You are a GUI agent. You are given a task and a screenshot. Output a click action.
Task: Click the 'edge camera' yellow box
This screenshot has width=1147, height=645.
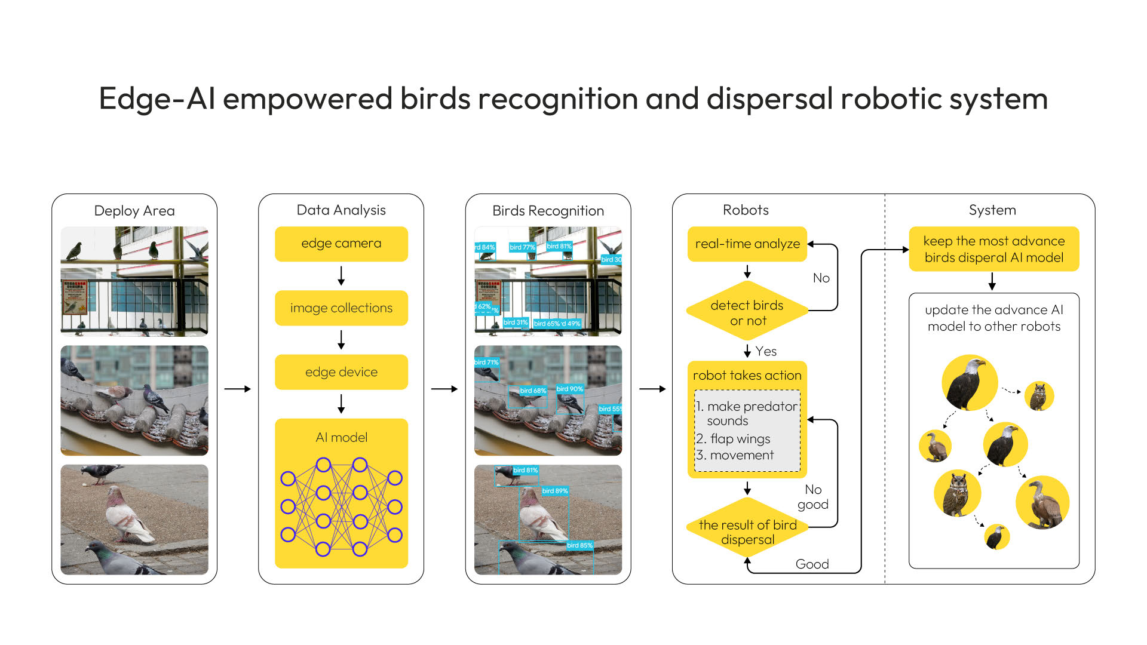click(x=341, y=244)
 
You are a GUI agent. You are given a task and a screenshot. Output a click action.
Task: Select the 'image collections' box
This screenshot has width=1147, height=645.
click(x=341, y=308)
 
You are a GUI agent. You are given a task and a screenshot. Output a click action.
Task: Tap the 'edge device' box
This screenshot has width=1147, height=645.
click(x=341, y=372)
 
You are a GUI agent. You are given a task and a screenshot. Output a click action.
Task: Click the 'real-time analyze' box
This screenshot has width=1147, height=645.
click(x=747, y=244)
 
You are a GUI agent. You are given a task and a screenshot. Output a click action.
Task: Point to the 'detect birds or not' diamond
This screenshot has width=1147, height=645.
click(x=747, y=312)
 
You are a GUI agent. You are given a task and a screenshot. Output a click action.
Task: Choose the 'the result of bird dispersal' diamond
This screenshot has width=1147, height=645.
click(x=747, y=532)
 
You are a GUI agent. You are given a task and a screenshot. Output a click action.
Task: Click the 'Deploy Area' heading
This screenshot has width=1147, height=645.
click(x=134, y=211)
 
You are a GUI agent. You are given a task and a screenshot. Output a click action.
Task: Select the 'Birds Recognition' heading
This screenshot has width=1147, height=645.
click(x=548, y=211)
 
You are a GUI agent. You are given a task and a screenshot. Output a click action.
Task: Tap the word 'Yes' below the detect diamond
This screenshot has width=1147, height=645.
click(x=766, y=351)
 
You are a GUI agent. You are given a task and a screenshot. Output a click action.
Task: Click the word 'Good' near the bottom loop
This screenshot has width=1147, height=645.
click(x=812, y=564)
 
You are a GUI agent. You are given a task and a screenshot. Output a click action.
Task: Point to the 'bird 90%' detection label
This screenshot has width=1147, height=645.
click(x=569, y=389)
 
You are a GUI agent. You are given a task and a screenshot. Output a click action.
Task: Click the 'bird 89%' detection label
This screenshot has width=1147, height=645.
click(x=555, y=491)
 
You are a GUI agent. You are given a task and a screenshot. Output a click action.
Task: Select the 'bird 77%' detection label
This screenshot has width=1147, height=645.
click(x=522, y=247)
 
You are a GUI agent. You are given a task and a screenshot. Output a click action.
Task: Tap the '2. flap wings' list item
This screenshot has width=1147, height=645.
click(x=734, y=438)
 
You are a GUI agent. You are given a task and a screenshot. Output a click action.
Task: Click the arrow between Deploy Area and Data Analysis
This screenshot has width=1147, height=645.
click(x=237, y=389)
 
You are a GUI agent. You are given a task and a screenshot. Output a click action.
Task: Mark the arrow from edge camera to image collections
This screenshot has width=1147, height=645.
click(x=341, y=276)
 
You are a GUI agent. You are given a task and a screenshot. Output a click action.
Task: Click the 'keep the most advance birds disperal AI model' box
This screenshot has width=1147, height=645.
click(x=993, y=249)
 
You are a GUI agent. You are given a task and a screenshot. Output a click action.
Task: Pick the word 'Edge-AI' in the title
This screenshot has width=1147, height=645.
click(x=157, y=99)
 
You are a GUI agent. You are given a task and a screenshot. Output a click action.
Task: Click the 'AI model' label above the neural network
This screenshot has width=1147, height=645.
click(x=341, y=437)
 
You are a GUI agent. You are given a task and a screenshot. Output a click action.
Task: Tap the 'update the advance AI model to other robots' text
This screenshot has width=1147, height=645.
click(x=993, y=318)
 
